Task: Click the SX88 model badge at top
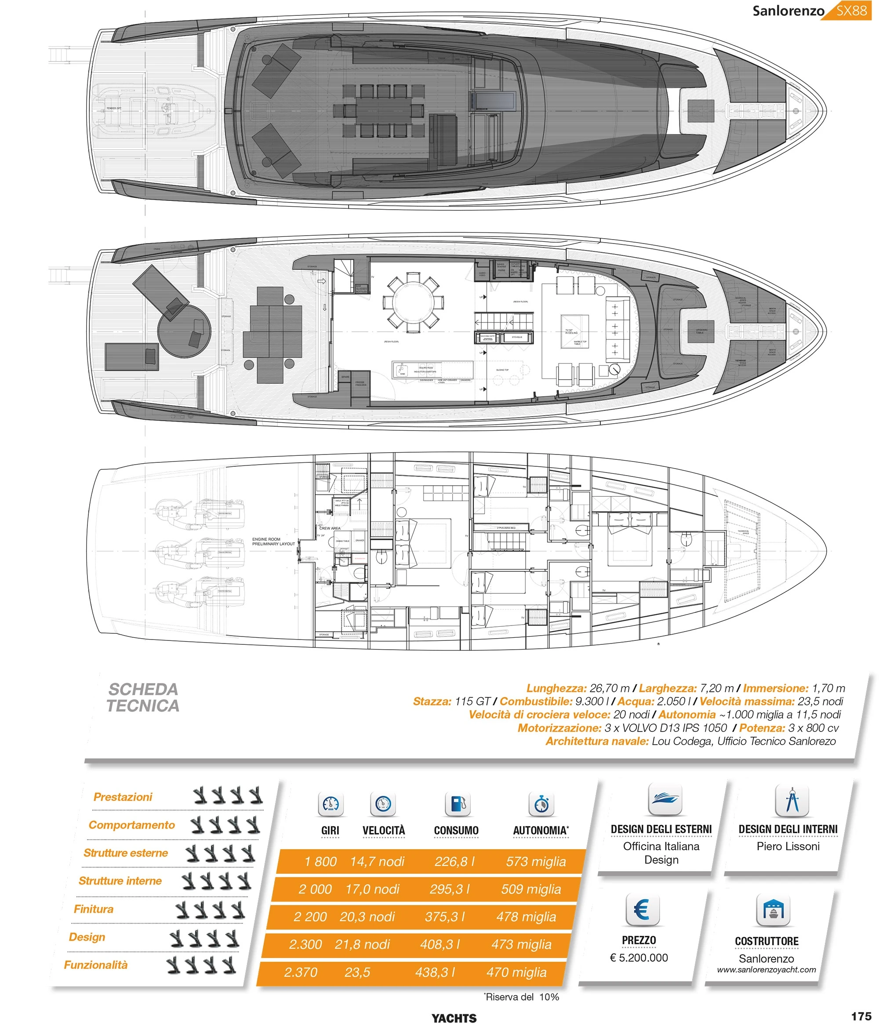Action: (851, 11)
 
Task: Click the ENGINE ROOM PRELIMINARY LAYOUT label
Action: (273, 541)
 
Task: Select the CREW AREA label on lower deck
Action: (330, 528)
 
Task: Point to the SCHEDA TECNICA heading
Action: (143, 698)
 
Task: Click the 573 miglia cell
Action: (536, 861)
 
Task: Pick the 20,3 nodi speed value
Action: (367, 917)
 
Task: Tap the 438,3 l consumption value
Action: (435, 972)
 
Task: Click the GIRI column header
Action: (330, 831)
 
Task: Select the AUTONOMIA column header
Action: (541, 831)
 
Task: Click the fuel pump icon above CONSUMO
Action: (458, 804)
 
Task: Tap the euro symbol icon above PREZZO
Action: (641, 909)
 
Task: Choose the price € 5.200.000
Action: (639, 957)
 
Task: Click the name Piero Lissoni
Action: (788, 847)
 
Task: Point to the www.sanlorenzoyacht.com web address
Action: (766, 970)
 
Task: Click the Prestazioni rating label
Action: (123, 797)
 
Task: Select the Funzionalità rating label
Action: (95, 965)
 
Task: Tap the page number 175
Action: (861, 1016)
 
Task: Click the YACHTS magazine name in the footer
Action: (454, 1018)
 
